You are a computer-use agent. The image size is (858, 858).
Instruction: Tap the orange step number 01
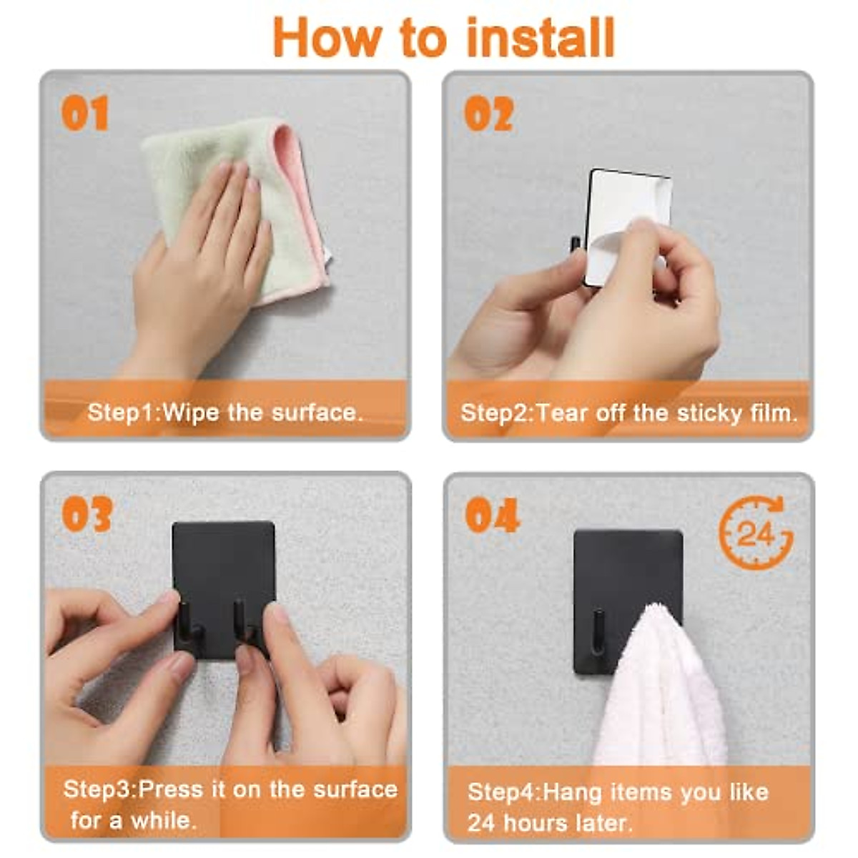(x=84, y=113)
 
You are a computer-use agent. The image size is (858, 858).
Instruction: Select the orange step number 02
(x=489, y=114)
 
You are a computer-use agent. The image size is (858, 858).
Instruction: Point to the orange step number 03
(x=87, y=514)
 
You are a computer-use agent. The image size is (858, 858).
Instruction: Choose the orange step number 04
(x=492, y=515)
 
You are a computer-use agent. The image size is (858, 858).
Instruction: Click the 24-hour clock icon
(x=756, y=533)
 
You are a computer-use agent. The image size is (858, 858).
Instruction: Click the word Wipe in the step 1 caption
(x=191, y=413)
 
